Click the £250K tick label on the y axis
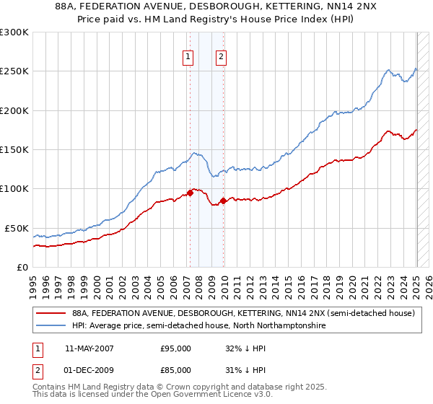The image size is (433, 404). coord(14,71)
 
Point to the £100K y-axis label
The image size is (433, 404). coord(14,189)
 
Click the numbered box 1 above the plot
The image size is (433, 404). coord(188,57)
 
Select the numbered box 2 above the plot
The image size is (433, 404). coord(221,57)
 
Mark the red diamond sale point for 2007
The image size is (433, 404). coord(191,193)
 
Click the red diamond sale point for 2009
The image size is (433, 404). coord(223,201)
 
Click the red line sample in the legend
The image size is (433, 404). coord(51,314)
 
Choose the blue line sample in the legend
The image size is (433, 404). coord(51,326)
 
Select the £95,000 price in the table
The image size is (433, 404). coord(175,348)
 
